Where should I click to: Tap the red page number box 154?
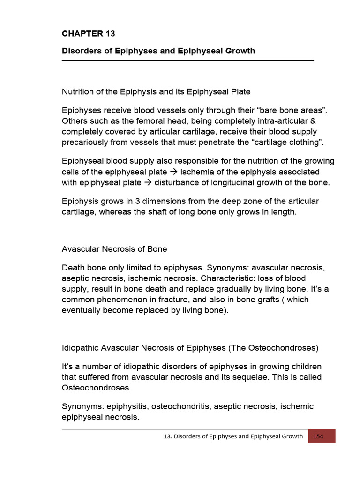[322, 436]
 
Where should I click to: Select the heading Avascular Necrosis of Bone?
[114, 248]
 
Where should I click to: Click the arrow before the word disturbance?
[148, 182]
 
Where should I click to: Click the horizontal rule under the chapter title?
[187, 60]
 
